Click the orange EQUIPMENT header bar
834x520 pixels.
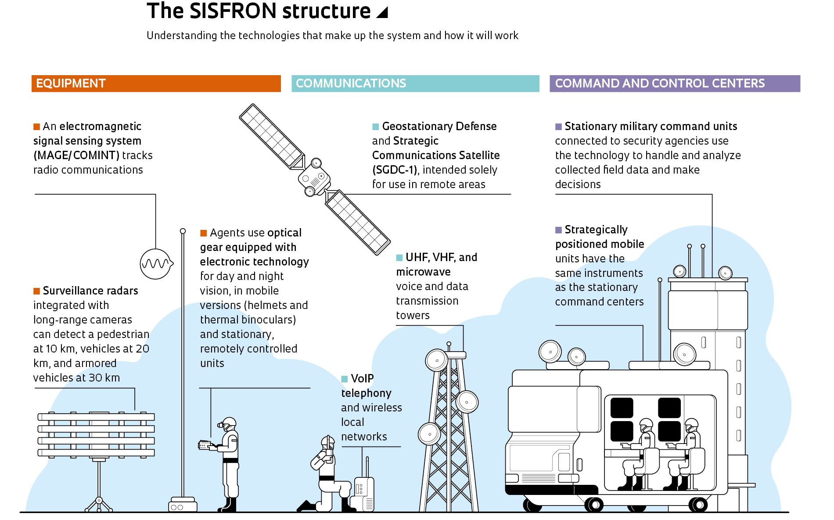[156, 84]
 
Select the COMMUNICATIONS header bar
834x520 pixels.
[415, 84]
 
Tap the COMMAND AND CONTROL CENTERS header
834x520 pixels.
[675, 84]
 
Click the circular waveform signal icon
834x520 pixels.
[156, 264]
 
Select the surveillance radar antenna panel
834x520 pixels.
[96, 435]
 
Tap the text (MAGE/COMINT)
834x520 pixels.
[76, 155]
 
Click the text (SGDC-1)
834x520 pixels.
[394, 170]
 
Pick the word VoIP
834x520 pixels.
[362, 378]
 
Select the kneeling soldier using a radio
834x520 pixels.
[327, 475]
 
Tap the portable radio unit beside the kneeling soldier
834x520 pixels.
[364, 492]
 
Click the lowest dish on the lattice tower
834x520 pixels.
[429, 434]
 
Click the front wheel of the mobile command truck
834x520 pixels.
[594, 504]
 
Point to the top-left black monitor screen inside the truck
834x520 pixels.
[622, 407]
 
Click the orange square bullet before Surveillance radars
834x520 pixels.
[37, 291]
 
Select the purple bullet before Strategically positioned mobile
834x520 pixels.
[558, 230]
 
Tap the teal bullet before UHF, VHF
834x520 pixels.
[399, 258]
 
